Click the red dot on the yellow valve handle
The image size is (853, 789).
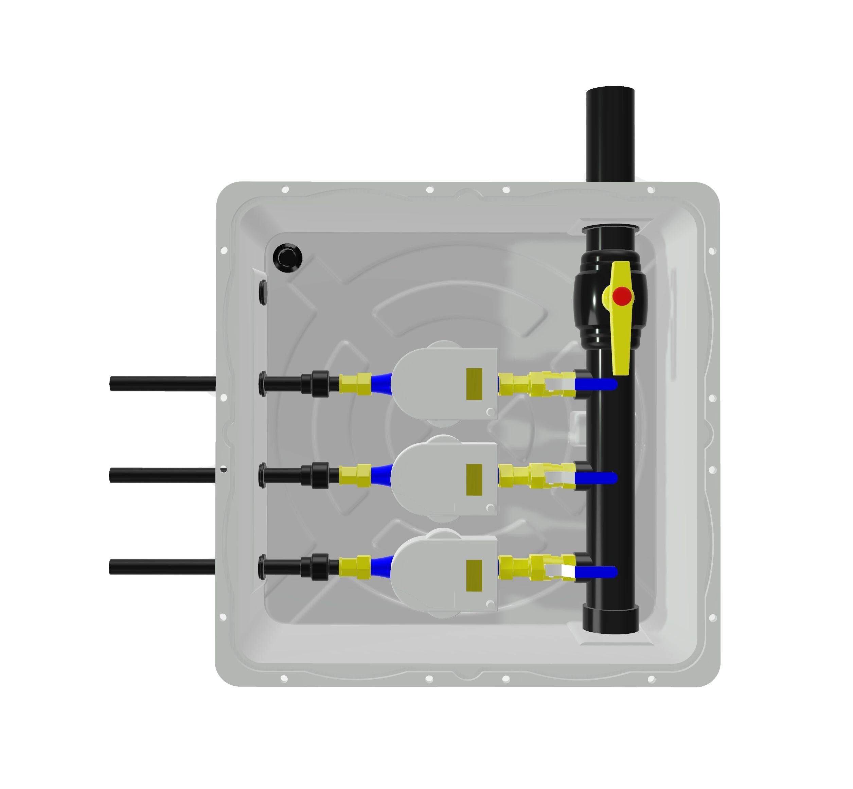[622, 296]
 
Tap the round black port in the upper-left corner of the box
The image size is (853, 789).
[287, 257]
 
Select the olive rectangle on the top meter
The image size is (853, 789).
[474, 384]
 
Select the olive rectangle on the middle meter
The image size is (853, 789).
[474, 479]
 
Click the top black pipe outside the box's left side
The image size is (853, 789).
[162, 383]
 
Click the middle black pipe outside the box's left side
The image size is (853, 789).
[162, 475]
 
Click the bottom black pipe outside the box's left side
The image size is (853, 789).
[162, 566]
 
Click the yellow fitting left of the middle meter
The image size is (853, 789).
[355, 475]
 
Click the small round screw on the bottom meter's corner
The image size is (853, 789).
[490, 604]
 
